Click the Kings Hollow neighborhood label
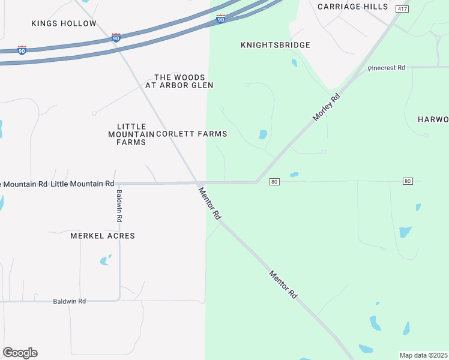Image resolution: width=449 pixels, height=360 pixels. (x=64, y=23)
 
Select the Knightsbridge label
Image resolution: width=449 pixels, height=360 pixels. (x=276, y=45)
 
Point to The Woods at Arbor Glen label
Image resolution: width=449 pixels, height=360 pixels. (x=179, y=82)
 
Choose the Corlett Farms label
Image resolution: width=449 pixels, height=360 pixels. (x=191, y=134)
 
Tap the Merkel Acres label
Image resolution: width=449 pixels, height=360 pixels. (x=103, y=236)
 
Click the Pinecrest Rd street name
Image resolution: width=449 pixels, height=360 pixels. (x=387, y=68)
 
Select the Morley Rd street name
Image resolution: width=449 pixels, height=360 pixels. (x=326, y=108)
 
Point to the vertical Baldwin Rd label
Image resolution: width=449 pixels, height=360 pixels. (x=119, y=206)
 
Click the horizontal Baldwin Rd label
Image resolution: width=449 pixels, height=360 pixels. (x=69, y=301)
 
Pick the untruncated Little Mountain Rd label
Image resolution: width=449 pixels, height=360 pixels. (x=82, y=184)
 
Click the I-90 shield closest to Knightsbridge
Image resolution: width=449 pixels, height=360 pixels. (x=221, y=19)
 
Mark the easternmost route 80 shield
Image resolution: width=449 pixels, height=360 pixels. (x=408, y=181)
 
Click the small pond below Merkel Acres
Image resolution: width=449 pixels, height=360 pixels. (x=106, y=260)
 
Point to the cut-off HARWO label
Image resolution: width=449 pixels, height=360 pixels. (x=433, y=119)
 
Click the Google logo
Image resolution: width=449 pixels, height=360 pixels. (x=20, y=353)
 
